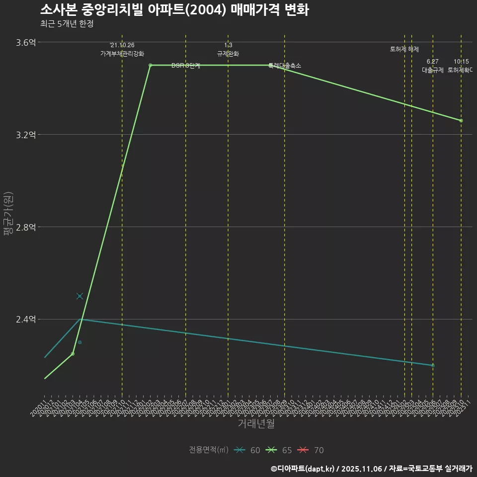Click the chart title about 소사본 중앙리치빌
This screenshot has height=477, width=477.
pos(174,9)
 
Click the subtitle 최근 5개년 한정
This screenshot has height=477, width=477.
pos(67,24)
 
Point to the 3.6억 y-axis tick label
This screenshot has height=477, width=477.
pos(26,43)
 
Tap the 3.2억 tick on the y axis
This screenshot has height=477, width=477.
pos(26,135)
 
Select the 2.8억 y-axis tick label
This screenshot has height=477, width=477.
pos(26,227)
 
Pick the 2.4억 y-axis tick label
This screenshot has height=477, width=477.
pos(26,319)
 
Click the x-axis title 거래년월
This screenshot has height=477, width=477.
pos(256,424)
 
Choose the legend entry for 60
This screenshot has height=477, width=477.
pos(247,450)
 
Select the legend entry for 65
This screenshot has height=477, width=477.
pos(279,450)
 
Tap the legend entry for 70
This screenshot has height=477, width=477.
pos(311,450)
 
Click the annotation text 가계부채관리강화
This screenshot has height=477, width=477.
pos(122,54)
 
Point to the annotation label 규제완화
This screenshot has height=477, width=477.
pos(228,54)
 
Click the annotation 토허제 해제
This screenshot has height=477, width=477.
pos(404,49)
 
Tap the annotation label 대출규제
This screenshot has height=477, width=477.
pos(432,70)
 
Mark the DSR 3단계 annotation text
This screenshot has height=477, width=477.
pos(186,66)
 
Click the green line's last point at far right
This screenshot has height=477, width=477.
pos(461,121)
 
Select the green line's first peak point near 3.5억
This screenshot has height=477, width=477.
pos(150,65)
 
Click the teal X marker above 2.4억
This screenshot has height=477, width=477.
pos(79,296)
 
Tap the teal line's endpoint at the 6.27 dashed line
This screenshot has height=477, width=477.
pos(433,365)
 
